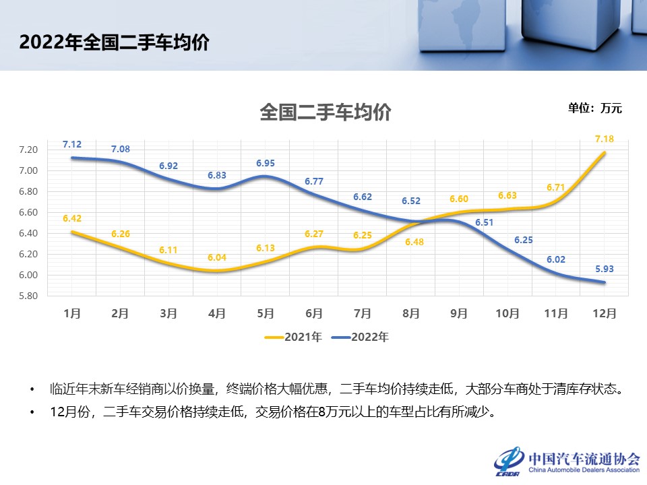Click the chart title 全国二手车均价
tap(326, 112)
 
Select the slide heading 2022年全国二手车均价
tap(114, 42)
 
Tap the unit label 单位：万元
tap(594, 108)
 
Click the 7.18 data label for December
tap(604, 139)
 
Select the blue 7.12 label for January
tap(72, 144)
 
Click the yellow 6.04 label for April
tap(217, 257)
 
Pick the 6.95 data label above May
tap(266, 163)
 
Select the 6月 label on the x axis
tap(314, 313)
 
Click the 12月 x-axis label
tap(604, 313)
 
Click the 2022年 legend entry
tap(361, 337)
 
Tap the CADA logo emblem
tap(510, 459)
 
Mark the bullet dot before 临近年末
tap(32, 389)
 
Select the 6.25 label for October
tap(507, 240)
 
